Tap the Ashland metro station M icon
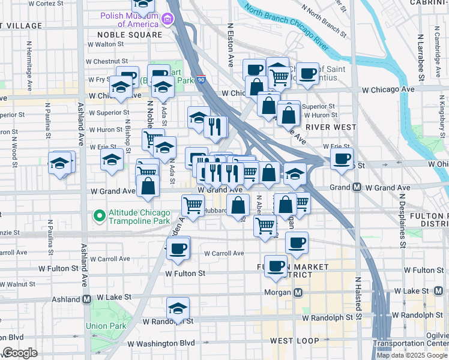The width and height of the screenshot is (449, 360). (x=86, y=299)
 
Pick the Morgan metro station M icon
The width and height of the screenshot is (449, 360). (x=298, y=292)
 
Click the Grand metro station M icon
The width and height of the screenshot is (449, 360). (x=357, y=188)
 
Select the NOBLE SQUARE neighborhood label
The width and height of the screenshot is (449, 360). (x=130, y=35)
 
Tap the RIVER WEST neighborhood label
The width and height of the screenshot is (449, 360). (x=331, y=127)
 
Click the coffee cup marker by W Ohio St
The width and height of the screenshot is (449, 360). (x=342, y=159)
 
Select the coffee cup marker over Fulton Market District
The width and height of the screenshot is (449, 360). (x=276, y=266)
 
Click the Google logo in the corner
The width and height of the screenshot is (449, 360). (x=20, y=353)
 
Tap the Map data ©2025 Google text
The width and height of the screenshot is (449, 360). (x=412, y=355)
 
